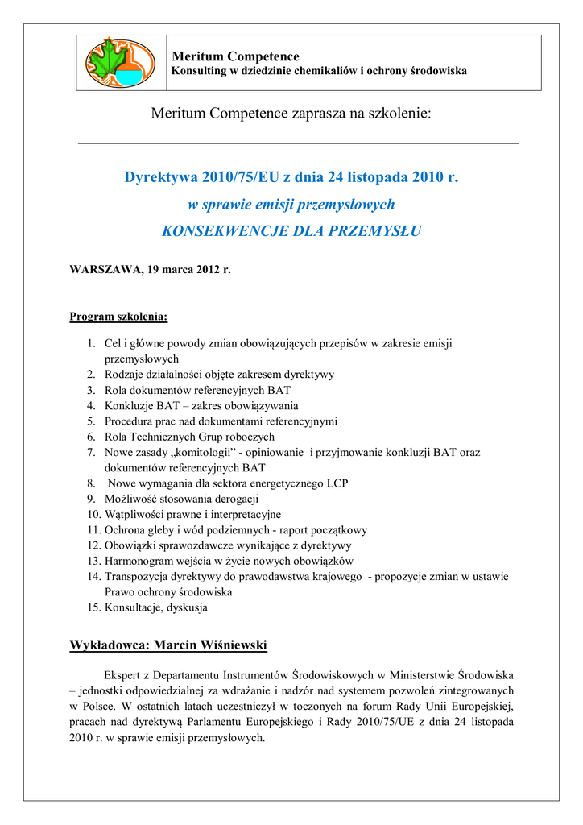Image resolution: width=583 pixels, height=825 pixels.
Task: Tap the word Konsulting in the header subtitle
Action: (x=200, y=71)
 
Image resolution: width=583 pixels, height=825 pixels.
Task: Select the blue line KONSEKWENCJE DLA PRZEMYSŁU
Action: (x=291, y=231)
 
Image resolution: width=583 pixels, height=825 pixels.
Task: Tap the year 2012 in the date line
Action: (x=212, y=269)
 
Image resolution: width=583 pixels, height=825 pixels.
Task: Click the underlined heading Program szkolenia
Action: (x=118, y=317)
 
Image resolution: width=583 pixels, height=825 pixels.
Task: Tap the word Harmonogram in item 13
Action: (x=139, y=561)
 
